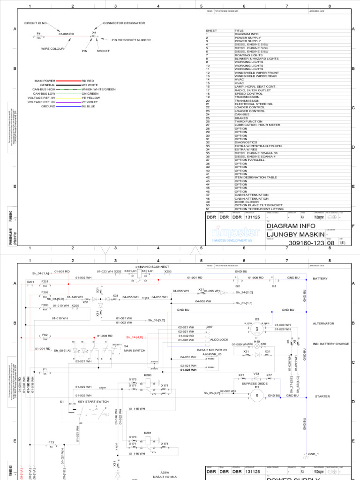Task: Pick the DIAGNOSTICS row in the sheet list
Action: [246, 142]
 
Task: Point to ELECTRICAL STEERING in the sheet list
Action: [254, 104]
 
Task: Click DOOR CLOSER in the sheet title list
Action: [247, 202]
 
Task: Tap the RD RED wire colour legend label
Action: [88, 81]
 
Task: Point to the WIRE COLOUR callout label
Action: [52, 48]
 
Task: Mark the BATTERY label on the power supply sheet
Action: [321, 278]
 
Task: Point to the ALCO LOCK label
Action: [219, 339]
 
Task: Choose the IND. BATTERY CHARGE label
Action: [331, 344]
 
